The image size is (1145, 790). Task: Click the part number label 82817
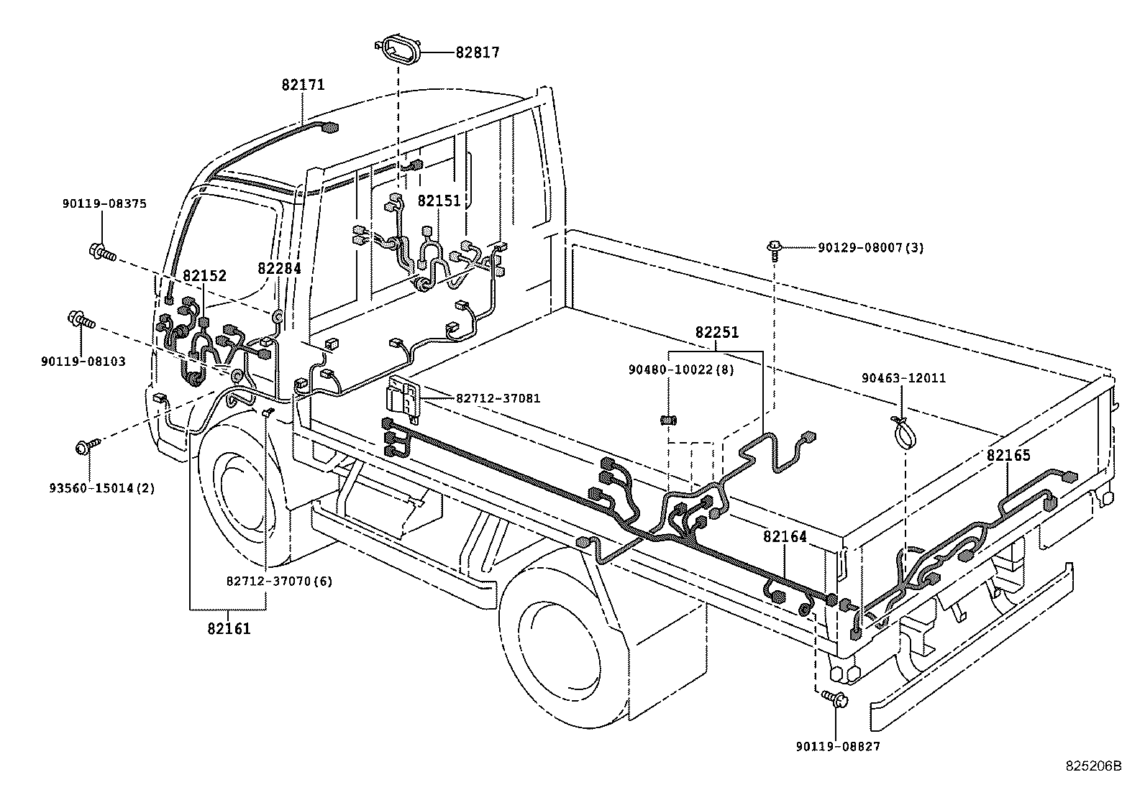click(x=477, y=52)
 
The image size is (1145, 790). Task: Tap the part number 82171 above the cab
click(x=303, y=85)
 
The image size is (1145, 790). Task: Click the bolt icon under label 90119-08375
click(x=101, y=252)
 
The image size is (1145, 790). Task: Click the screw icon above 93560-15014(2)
click(x=85, y=448)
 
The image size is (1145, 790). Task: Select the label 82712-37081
click(x=497, y=399)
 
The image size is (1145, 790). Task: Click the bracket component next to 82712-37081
click(x=403, y=398)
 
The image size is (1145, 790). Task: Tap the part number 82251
click(x=716, y=334)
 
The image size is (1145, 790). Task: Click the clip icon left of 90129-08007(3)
click(x=774, y=248)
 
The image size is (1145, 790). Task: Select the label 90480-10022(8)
click(x=681, y=369)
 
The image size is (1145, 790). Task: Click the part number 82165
click(x=1008, y=455)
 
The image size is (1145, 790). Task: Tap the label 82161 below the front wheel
click(x=229, y=628)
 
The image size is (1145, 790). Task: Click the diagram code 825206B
click(x=1093, y=766)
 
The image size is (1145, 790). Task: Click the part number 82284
click(x=279, y=269)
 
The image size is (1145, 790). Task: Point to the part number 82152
click(x=204, y=275)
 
